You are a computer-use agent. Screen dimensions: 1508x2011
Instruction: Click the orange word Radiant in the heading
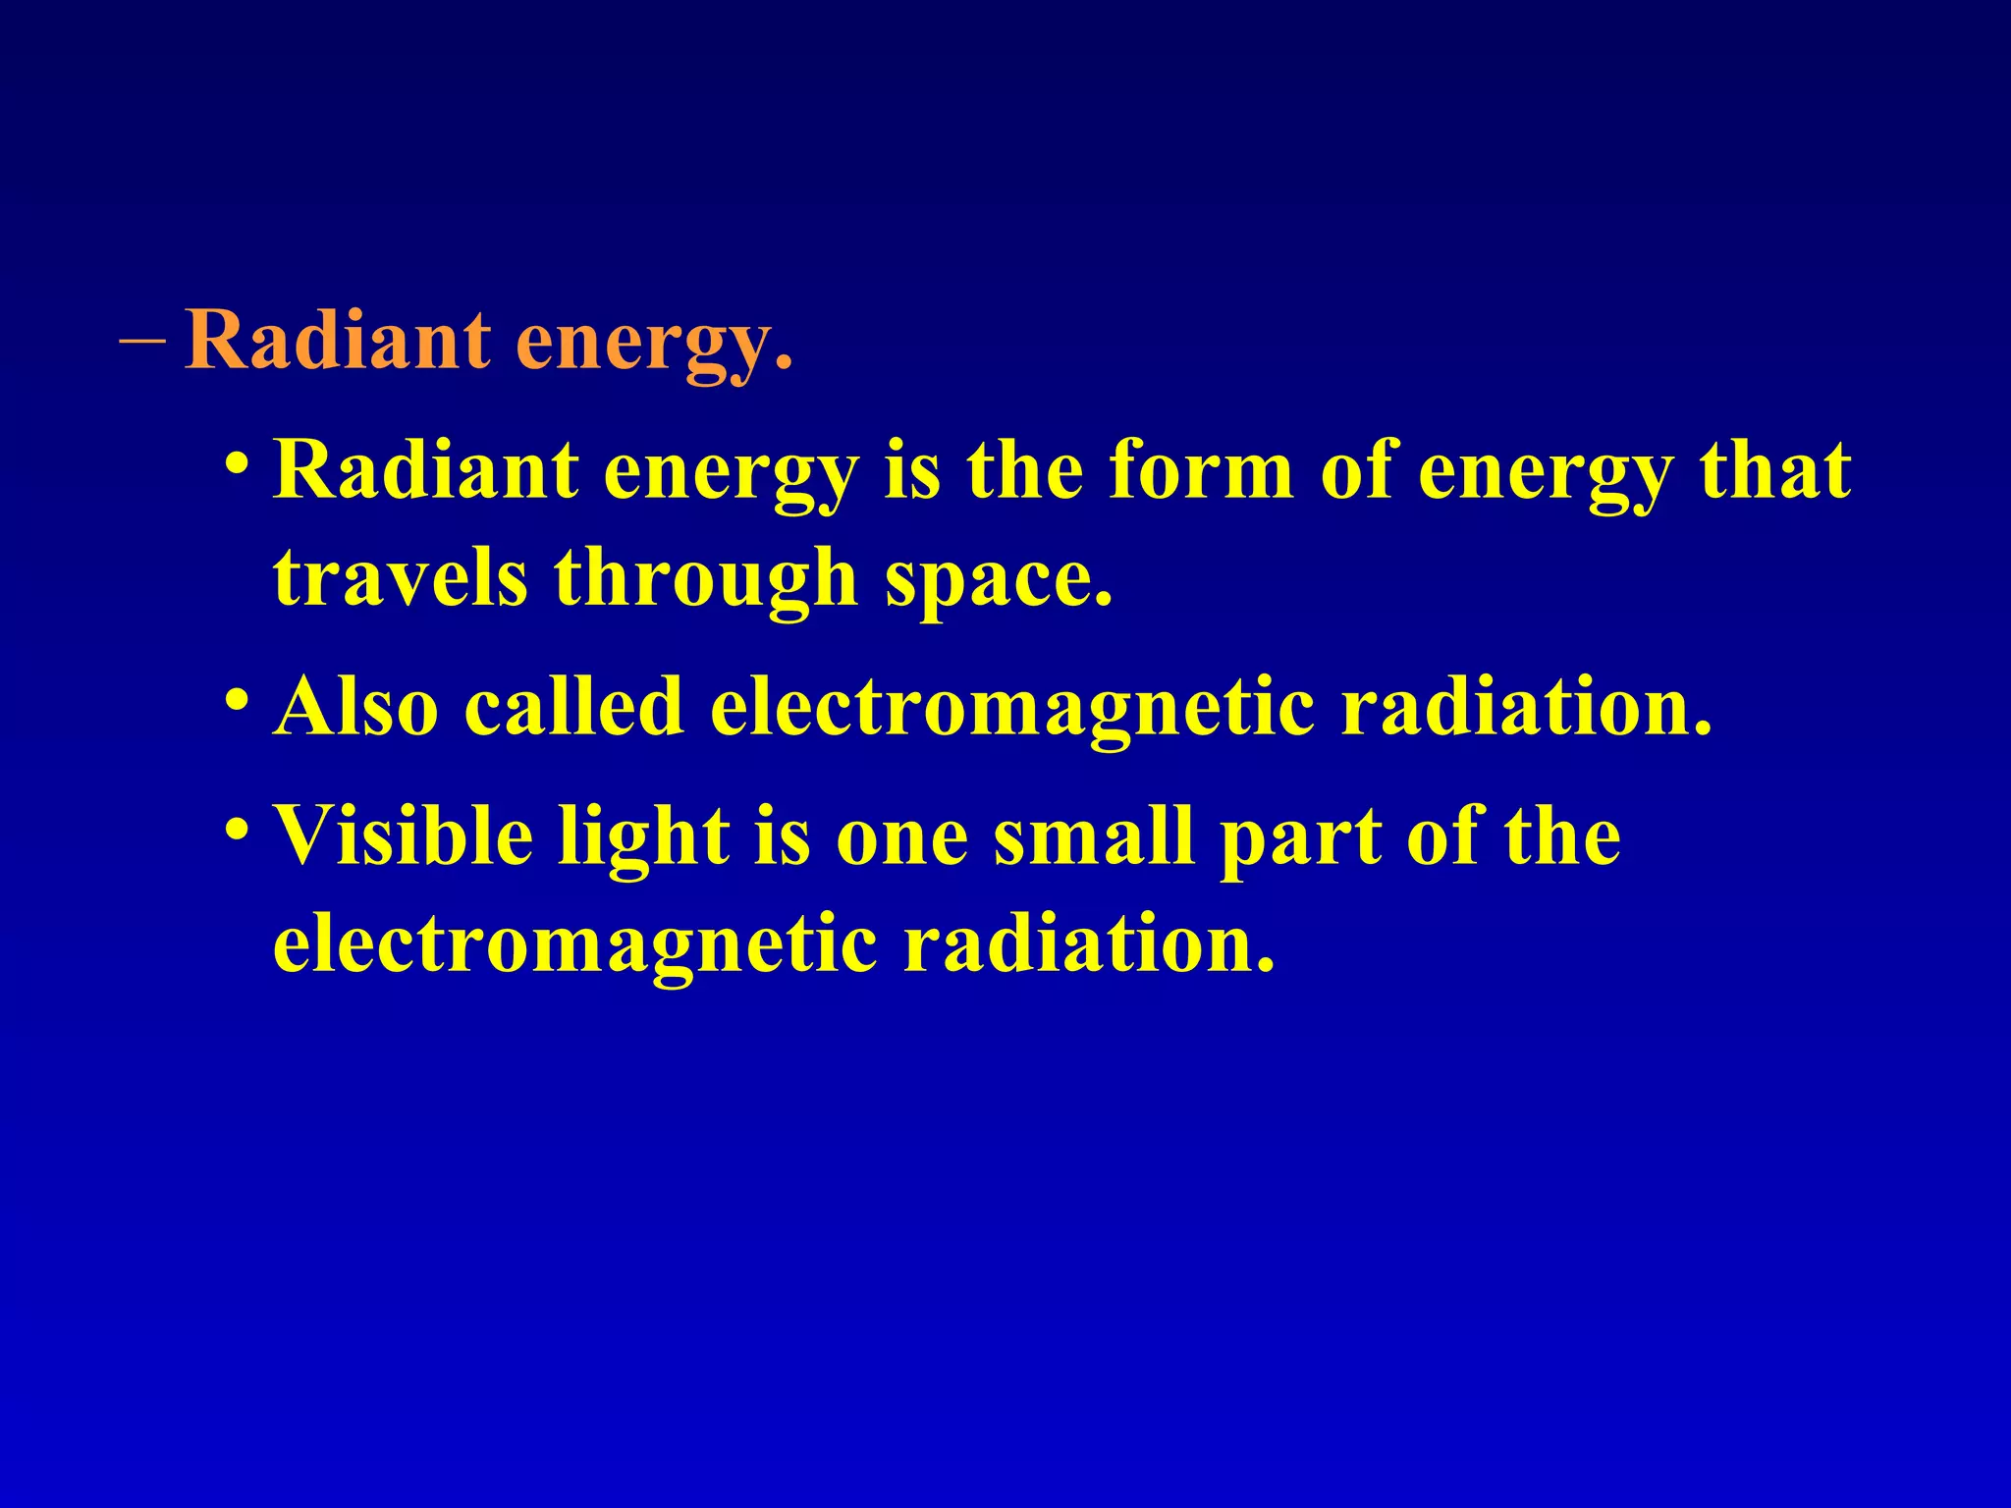point(337,340)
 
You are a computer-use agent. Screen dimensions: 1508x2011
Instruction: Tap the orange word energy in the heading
point(654,344)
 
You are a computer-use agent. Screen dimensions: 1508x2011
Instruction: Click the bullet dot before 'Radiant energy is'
point(236,461)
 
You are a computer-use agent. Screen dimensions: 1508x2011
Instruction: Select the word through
point(706,579)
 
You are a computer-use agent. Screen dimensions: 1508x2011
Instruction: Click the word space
point(999,581)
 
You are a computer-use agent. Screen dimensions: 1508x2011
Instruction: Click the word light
point(644,837)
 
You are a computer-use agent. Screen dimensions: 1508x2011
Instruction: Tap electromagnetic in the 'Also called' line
point(1011,709)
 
